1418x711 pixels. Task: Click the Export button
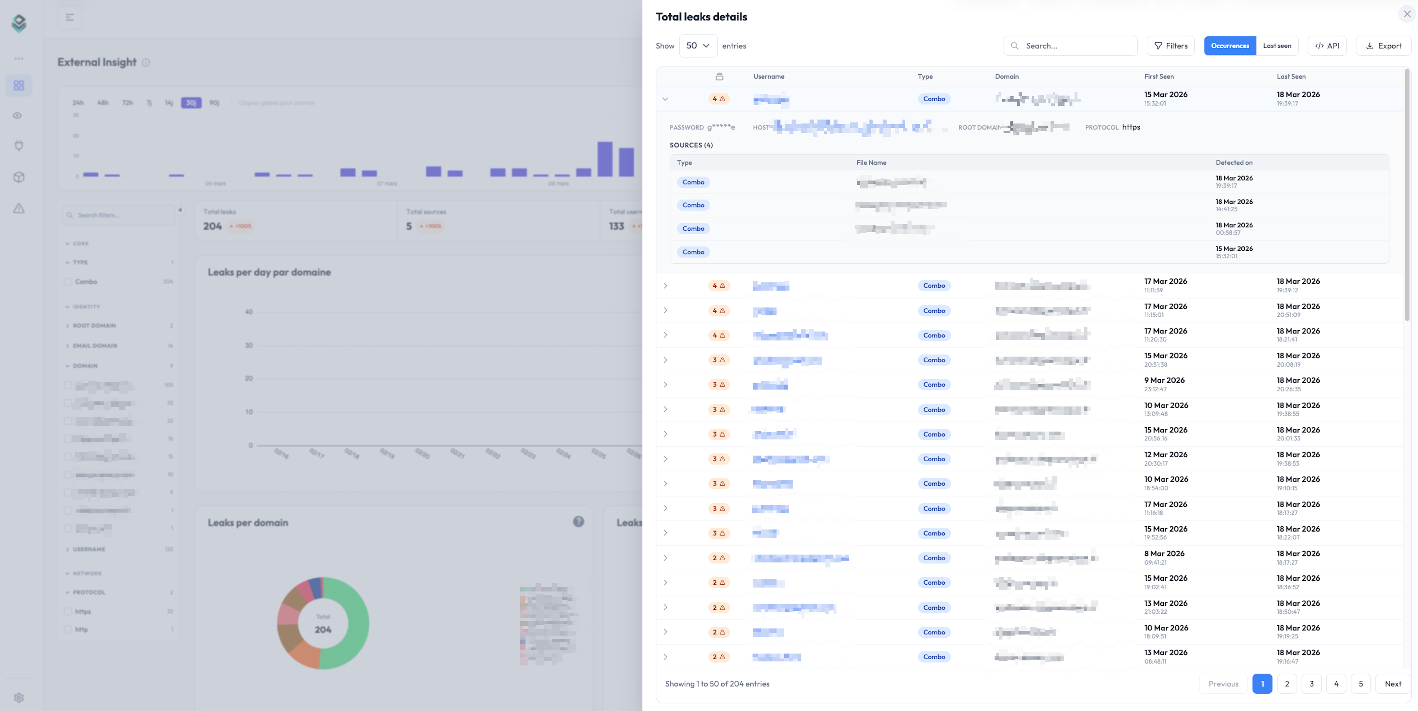(x=1383, y=46)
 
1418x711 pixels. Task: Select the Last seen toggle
(x=1276, y=46)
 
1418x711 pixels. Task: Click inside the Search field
(x=1070, y=46)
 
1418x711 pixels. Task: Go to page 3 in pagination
(x=1311, y=683)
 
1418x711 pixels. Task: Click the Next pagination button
(x=1393, y=683)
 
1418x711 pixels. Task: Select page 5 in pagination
(x=1360, y=683)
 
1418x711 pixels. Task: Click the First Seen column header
(x=1159, y=76)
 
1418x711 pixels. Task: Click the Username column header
(x=768, y=76)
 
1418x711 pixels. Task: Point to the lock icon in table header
(x=719, y=76)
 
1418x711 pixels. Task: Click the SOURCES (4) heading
(x=691, y=145)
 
